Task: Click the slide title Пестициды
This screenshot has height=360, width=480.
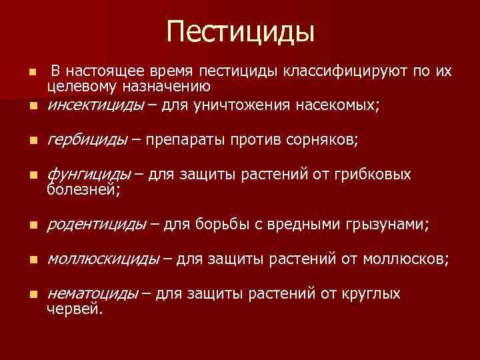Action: [x=240, y=32]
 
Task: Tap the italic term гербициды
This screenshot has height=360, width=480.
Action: [x=87, y=139]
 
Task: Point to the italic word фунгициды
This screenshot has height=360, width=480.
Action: [x=89, y=175]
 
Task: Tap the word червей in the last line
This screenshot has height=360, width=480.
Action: [x=75, y=309]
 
